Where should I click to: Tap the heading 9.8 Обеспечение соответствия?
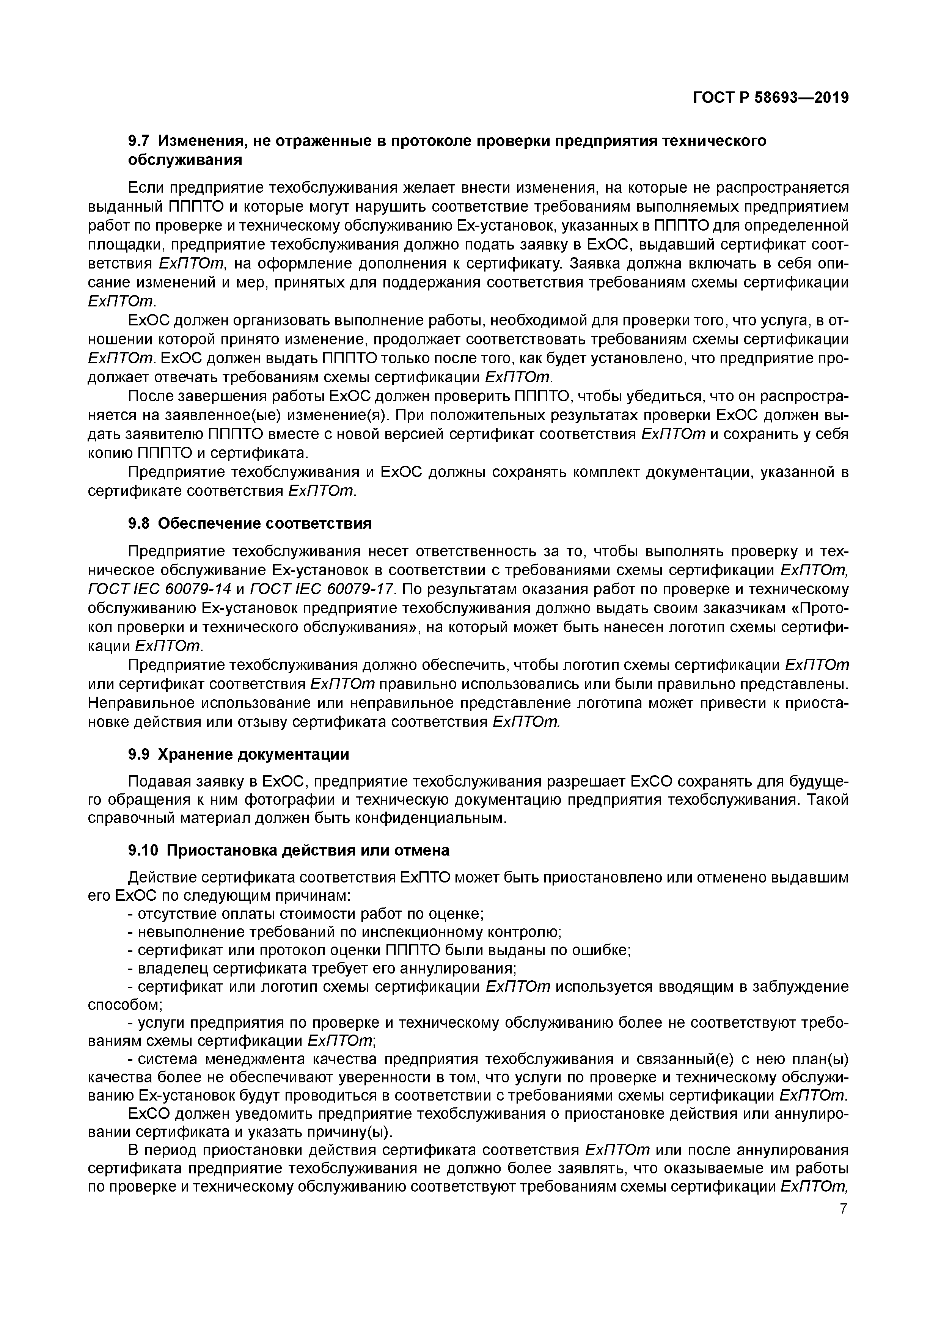[249, 524]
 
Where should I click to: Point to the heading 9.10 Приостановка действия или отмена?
[288, 850]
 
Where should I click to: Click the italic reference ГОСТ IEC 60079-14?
[159, 589]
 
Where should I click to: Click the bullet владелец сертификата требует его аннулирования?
[322, 969]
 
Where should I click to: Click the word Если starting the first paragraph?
[144, 188]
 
